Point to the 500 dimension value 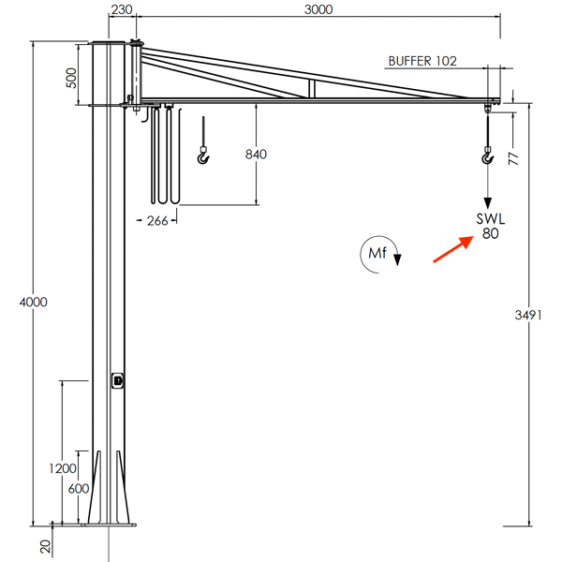click(71, 77)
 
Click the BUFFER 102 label click(422, 61)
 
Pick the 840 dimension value click(256, 154)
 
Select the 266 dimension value click(156, 221)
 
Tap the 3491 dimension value click(528, 316)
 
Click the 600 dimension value click(79, 488)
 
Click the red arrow click(451, 249)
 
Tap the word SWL click(490, 219)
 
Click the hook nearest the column click(204, 155)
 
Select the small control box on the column click(118, 380)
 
